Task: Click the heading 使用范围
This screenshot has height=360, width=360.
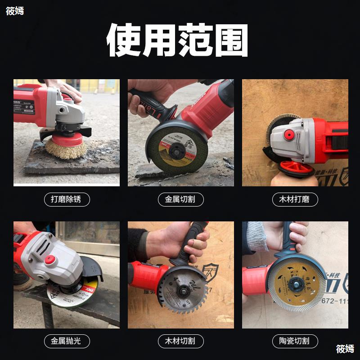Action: (x=177, y=40)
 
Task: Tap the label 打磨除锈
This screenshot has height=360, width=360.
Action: (x=67, y=199)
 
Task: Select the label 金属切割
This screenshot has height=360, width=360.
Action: (x=180, y=199)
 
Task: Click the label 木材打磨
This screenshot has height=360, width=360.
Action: (x=295, y=199)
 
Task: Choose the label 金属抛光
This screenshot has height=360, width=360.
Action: (x=67, y=341)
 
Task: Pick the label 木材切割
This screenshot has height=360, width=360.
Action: (x=180, y=341)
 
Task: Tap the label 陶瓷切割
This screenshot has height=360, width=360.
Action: (x=295, y=341)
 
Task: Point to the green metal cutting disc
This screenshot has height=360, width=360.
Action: (x=174, y=146)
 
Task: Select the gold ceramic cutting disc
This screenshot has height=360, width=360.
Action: (x=293, y=284)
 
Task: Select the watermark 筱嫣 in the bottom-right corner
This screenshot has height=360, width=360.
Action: (x=345, y=349)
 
